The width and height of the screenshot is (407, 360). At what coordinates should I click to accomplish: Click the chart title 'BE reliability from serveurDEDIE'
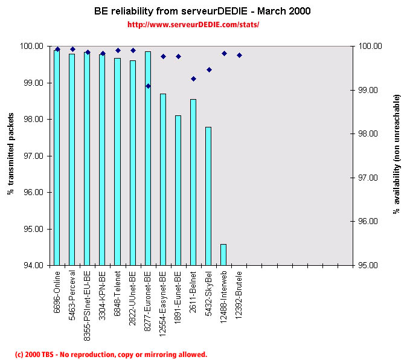click(x=202, y=11)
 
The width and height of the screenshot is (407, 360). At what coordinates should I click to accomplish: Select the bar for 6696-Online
click(x=57, y=157)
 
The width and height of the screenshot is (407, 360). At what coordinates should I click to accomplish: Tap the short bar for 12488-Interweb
click(x=223, y=254)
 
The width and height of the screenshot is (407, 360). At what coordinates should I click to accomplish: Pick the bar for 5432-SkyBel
click(x=208, y=196)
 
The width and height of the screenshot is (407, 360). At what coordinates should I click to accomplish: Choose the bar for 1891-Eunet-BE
click(x=178, y=190)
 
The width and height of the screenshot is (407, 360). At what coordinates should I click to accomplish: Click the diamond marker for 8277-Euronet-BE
click(x=148, y=86)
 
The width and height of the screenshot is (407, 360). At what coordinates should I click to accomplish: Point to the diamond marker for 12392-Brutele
click(x=239, y=55)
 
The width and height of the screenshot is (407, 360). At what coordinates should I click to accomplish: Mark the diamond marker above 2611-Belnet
click(x=193, y=79)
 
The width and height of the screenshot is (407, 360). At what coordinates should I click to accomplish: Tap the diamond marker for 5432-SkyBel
click(x=209, y=69)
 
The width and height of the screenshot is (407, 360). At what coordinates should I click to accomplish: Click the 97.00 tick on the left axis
click(x=34, y=156)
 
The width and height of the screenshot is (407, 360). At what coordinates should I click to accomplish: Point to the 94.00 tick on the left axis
click(x=34, y=266)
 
